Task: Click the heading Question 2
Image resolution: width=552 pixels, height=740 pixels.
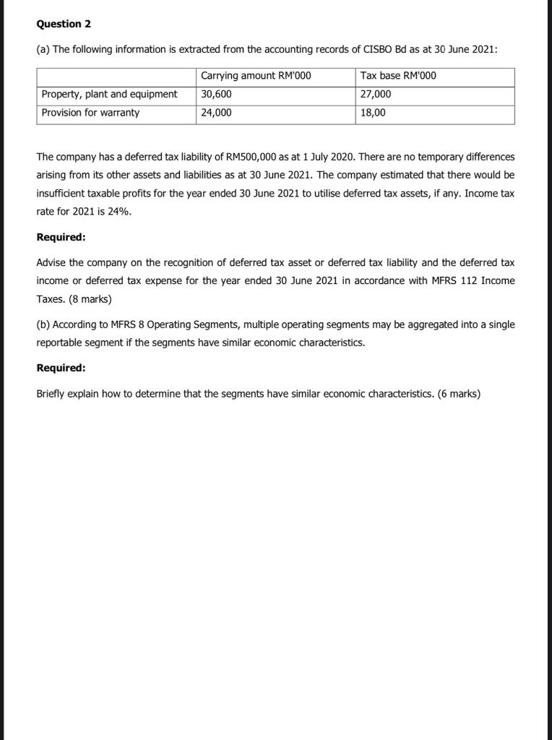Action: pos(64,24)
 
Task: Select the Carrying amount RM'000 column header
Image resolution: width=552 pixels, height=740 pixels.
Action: pos(256,76)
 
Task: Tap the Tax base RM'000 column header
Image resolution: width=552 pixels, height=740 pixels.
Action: pos(397,76)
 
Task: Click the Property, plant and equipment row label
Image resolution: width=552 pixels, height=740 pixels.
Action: pos(109,94)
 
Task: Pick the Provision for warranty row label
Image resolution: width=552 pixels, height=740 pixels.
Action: pos(91,113)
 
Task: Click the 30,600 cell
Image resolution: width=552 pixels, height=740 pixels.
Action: pos(216,94)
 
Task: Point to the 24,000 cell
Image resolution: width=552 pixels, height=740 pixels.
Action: pos(216,113)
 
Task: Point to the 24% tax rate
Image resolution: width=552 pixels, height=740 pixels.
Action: pos(120,212)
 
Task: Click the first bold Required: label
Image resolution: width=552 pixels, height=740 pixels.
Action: pos(61,237)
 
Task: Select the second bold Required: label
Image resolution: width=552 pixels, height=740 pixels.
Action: pos(61,368)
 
